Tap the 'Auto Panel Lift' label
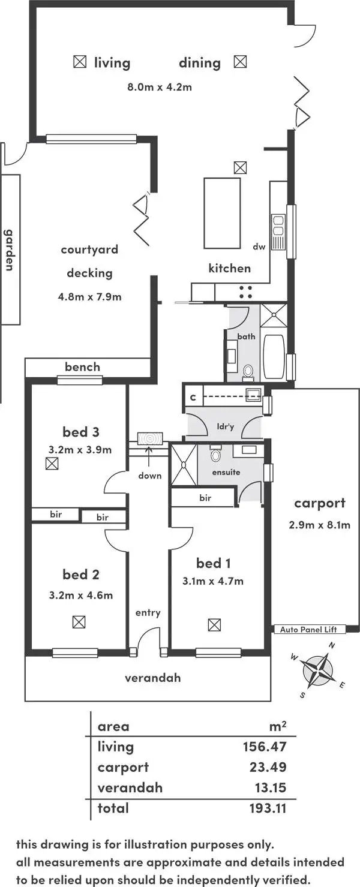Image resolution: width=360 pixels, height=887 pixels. pos(313,629)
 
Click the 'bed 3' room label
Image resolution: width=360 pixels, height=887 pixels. pos(80,432)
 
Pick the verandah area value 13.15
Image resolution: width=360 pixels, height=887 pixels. pos(267,787)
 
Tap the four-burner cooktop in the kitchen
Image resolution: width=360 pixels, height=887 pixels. pos(245,291)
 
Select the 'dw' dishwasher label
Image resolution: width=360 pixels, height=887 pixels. pos(259,246)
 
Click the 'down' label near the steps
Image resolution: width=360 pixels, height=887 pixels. pos(149,476)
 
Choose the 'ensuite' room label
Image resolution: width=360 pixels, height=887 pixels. pos(226,472)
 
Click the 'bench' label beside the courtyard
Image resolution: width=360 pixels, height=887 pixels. pos(82,367)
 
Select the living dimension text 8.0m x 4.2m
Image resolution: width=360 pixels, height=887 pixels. pos(159,87)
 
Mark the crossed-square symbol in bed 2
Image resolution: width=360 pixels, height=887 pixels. pos(79,621)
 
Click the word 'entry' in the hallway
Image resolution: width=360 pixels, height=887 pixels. pos(148,612)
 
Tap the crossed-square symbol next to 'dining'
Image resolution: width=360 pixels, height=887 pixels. pos(240,62)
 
